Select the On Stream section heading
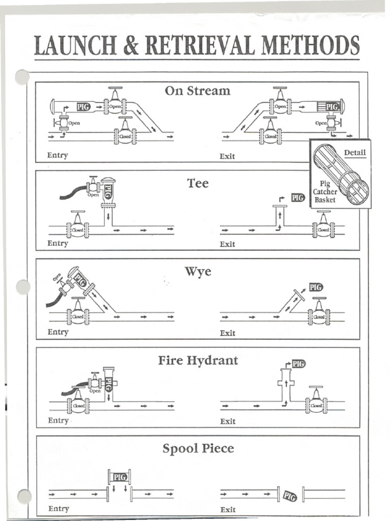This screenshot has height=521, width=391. [198, 91]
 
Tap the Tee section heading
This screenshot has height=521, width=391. [198, 183]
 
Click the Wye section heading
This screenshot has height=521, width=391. [198, 272]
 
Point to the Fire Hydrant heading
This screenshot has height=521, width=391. [198, 361]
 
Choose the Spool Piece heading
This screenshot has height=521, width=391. [198, 449]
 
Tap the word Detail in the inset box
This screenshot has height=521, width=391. [354, 153]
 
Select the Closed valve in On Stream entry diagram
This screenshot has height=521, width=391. [125, 136]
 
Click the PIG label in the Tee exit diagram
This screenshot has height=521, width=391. [298, 197]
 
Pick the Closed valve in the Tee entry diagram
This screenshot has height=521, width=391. [78, 229]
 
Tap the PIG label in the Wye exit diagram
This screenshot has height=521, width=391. [316, 287]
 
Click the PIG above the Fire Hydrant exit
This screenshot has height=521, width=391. [298, 363]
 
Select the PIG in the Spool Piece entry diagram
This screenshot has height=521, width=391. [119, 477]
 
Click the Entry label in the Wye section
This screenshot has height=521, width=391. [58, 332]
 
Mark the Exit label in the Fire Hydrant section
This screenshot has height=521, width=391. [228, 421]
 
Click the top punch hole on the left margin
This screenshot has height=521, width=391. [22, 77]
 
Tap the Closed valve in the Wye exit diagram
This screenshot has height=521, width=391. [319, 316]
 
